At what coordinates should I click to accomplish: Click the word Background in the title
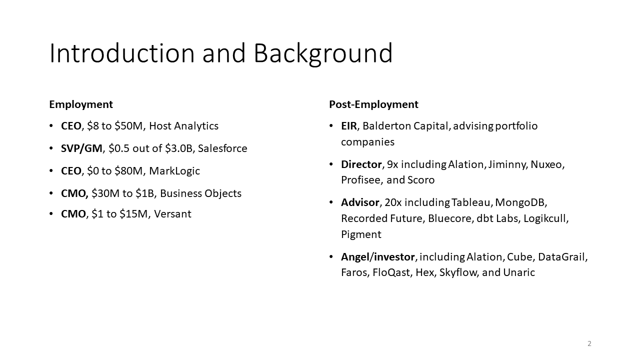click(x=323, y=53)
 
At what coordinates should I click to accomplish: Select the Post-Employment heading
click(x=373, y=104)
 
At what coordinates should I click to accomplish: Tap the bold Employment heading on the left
click(x=81, y=104)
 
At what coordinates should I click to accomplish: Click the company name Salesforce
click(x=222, y=148)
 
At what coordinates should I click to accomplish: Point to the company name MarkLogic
click(x=174, y=171)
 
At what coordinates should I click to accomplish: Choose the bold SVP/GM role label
click(x=81, y=148)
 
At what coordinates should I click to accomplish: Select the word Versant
click(x=172, y=214)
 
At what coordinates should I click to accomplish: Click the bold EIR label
click(x=349, y=126)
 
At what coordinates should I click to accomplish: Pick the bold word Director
click(x=361, y=164)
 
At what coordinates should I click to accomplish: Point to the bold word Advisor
click(x=360, y=202)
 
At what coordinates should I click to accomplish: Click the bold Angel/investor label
click(x=377, y=257)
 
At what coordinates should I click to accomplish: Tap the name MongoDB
click(x=520, y=202)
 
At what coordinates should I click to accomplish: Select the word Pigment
click(x=361, y=234)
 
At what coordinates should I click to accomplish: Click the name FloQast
click(x=392, y=272)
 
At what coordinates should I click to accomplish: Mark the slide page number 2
click(x=589, y=343)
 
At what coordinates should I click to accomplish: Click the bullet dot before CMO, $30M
click(x=51, y=193)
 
